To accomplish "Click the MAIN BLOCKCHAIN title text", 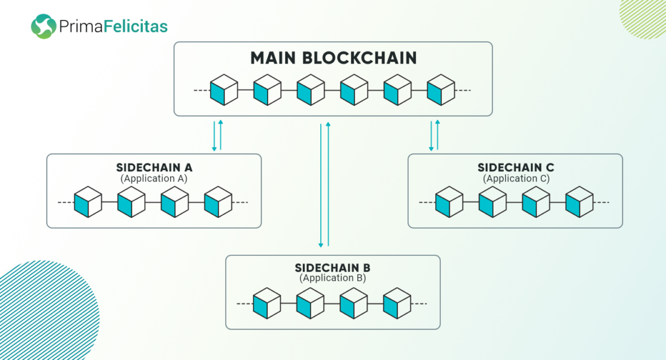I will [x=334, y=57].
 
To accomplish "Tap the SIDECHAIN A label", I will [x=154, y=168].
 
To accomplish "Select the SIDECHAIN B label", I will [x=332, y=268].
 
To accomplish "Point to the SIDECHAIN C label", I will [x=515, y=168].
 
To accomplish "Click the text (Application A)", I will [x=154, y=178].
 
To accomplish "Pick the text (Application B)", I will [x=332, y=278].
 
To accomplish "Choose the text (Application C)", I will [x=515, y=178].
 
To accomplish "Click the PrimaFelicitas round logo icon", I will [x=44, y=26].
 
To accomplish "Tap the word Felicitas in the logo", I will [x=139, y=26].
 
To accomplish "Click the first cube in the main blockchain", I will [x=223, y=90].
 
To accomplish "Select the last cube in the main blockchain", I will [x=441, y=90].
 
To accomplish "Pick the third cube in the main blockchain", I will [x=311, y=90].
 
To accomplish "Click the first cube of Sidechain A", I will [x=88, y=202].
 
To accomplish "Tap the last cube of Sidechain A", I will [x=218, y=202].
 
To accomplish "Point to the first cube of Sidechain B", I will [x=266, y=303].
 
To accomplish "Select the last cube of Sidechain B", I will [x=397, y=303].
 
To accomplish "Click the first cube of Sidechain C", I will [x=449, y=202].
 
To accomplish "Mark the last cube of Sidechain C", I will [x=579, y=202].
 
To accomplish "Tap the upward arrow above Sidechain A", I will [x=220, y=135].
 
